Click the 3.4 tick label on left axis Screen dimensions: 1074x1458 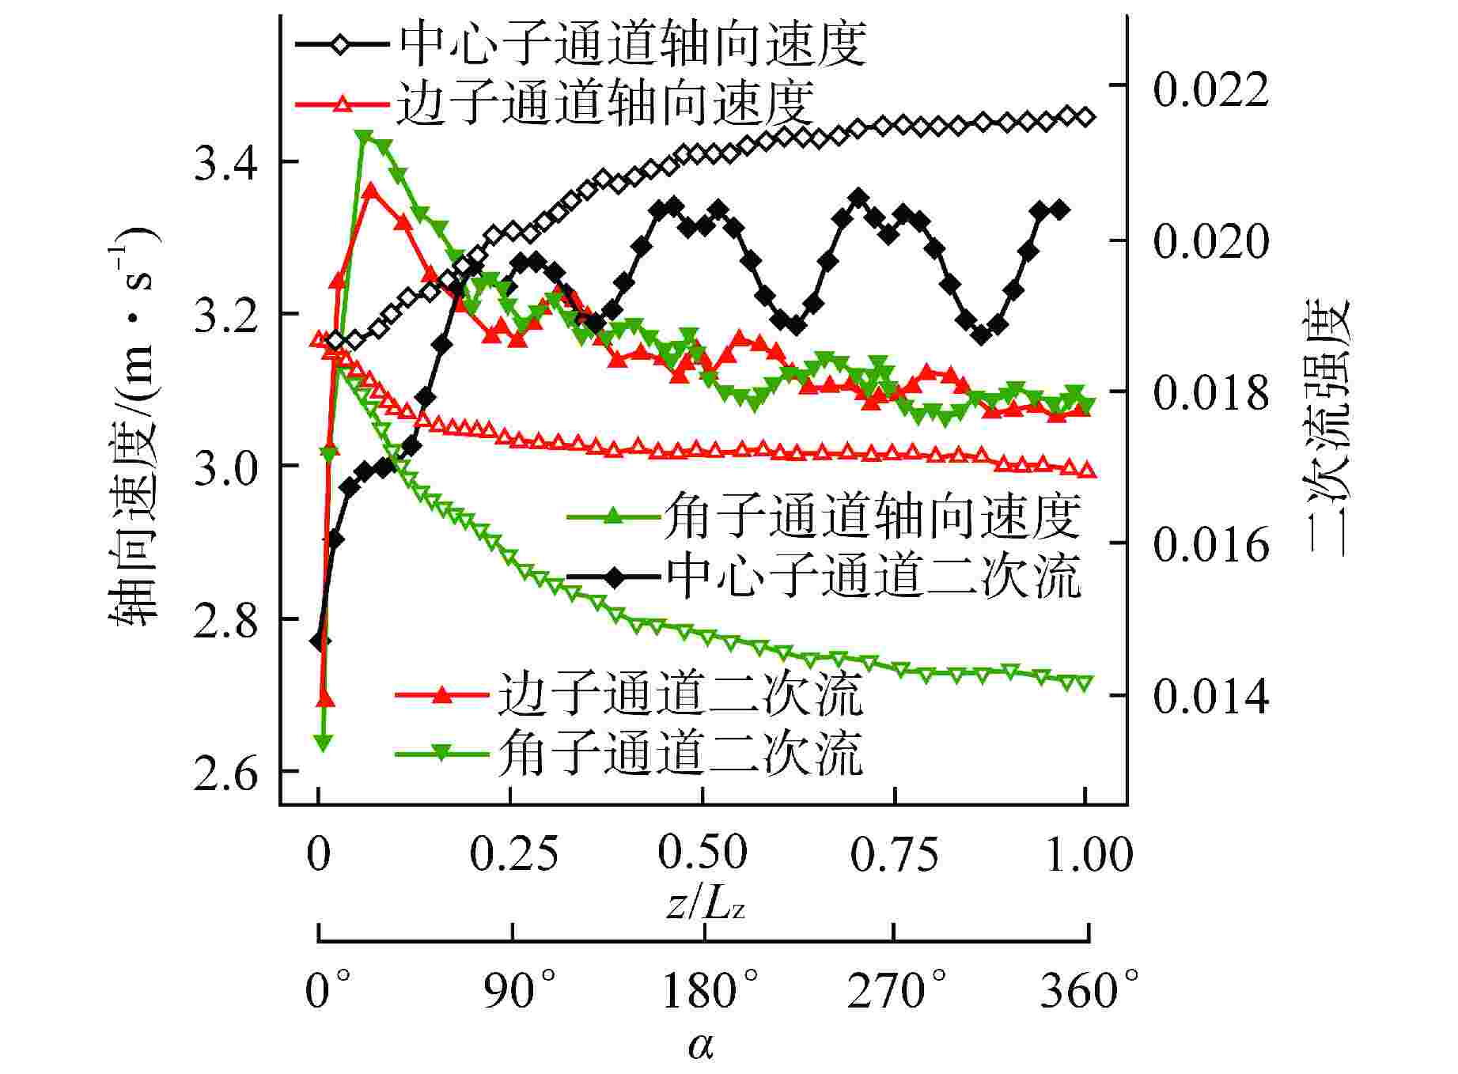225,163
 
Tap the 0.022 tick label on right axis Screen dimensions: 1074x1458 1210,87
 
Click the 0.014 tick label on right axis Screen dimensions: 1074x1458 1210,696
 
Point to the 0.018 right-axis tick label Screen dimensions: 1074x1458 1210,392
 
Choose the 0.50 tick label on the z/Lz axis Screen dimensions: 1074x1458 703,853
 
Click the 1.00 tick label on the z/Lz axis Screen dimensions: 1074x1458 1089,853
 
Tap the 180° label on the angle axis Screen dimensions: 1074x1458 710,990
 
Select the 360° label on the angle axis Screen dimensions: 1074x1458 1089,990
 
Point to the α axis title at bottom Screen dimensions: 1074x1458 701,1046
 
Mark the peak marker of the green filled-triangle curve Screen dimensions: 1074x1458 365,137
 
